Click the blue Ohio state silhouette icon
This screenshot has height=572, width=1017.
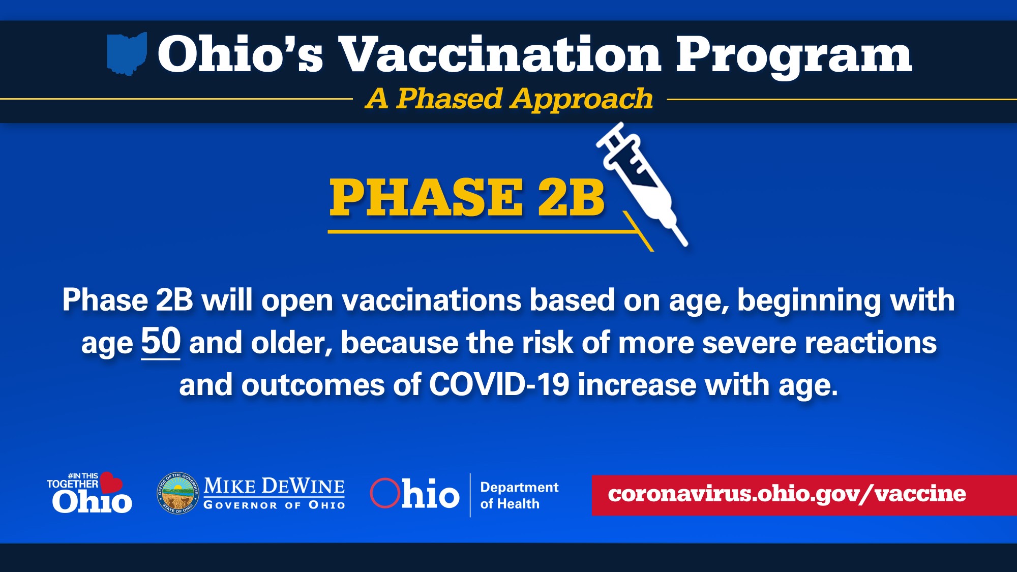(127, 53)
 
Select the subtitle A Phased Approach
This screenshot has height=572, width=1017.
(509, 99)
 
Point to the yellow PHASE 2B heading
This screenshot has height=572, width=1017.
(467, 198)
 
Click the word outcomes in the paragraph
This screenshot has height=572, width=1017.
(313, 385)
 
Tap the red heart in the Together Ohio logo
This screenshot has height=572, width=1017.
(111, 482)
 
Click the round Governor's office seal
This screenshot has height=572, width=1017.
(177, 493)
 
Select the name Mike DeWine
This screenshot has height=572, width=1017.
(274, 486)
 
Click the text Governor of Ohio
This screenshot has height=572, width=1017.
(274, 505)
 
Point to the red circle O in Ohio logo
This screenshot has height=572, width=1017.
(385, 493)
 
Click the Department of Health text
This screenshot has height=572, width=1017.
(519, 495)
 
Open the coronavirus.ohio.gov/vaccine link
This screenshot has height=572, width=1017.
(787, 494)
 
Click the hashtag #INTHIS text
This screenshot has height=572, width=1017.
(83, 476)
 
